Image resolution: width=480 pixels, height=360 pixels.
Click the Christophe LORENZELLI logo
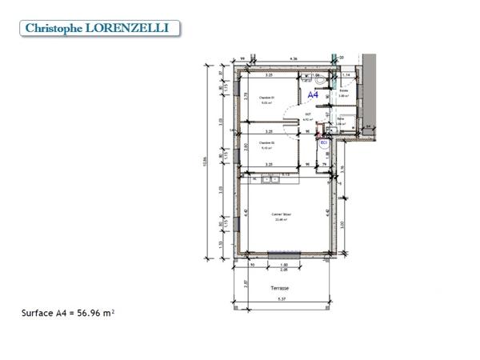click(x=98, y=28)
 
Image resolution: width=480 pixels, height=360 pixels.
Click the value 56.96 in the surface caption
click(x=93, y=314)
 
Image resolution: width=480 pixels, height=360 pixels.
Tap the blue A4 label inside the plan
click(x=314, y=94)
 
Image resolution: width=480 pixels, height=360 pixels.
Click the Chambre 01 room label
click(x=266, y=99)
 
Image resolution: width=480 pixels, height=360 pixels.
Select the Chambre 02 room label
click(x=266, y=144)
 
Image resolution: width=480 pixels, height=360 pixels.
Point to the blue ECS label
click(x=324, y=143)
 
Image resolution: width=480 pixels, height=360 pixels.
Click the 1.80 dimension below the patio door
click(x=283, y=266)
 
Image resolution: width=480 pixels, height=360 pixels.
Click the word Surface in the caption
click(x=36, y=314)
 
